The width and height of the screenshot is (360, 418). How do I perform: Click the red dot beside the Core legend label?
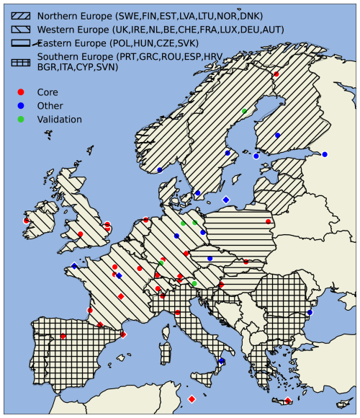[x=21, y=92]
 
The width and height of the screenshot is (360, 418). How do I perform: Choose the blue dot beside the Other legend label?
[x=21, y=106]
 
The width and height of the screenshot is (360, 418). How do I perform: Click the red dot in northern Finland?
[x=276, y=74]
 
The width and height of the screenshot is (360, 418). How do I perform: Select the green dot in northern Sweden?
[x=244, y=111]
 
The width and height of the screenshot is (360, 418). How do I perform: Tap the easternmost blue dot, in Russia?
[x=325, y=154]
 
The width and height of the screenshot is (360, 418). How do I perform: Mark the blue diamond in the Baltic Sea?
[x=226, y=200]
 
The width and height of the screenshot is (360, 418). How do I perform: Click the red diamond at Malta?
[x=192, y=399]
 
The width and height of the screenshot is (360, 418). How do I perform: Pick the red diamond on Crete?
[x=288, y=400]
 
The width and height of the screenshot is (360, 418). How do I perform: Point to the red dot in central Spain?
[x=63, y=336]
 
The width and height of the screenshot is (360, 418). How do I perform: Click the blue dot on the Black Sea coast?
[x=310, y=312]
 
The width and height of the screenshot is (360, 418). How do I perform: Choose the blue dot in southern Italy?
[x=222, y=360]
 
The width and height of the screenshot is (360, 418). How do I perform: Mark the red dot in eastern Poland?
[x=269, y=221]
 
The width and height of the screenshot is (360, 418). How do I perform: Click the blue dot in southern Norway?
[x=160, y=170]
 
